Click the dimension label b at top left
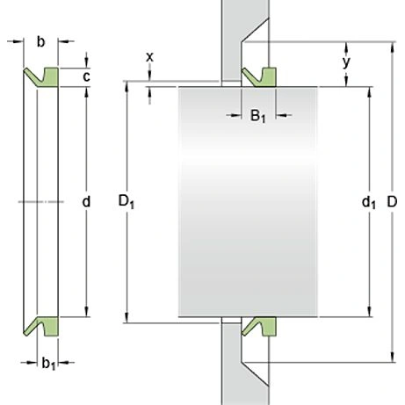tap(41, 40)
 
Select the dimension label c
tap(86, 76)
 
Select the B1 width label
tap(257, 116)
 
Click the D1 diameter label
tap(126, 203)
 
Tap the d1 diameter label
tap(368, 203)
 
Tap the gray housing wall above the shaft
tap(231, 35)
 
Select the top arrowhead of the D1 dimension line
tap(128, 87)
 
